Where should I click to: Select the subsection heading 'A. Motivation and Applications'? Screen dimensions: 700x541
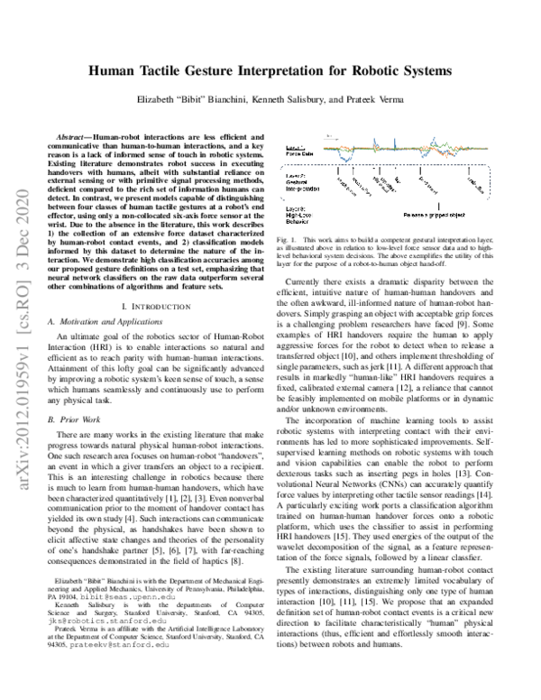(105, 325)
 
